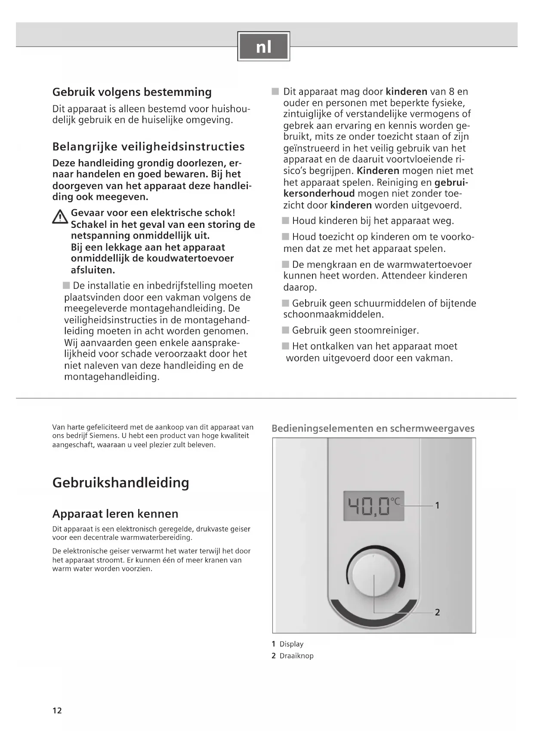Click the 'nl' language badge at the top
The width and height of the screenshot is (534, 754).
(264, 46)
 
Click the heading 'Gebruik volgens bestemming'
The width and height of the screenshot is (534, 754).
(132, 92)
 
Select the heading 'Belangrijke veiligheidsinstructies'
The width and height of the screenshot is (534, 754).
(148, 147)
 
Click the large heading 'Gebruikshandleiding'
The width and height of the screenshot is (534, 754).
(120, 482)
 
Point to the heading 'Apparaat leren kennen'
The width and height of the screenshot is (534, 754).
(115, 514)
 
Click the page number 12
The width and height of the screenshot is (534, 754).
(57, 711)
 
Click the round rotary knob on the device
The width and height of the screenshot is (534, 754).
(373, 575)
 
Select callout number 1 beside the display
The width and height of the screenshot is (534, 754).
(437, 506)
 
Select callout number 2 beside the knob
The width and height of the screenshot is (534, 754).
(437, 612)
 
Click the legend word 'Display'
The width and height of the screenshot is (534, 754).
(291, 644)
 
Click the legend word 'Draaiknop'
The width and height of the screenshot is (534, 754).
(296, 656)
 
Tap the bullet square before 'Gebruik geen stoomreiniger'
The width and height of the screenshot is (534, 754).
(286, 330)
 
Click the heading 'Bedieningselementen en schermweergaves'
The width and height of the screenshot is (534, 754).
(373, 429)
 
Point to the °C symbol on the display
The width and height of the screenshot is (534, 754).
(395, 501)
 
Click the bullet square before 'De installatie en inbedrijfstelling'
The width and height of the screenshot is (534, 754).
(66, 285)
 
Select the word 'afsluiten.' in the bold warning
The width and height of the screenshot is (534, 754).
(93, 270)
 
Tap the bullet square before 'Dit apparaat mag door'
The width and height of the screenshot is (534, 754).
(275, 92)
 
